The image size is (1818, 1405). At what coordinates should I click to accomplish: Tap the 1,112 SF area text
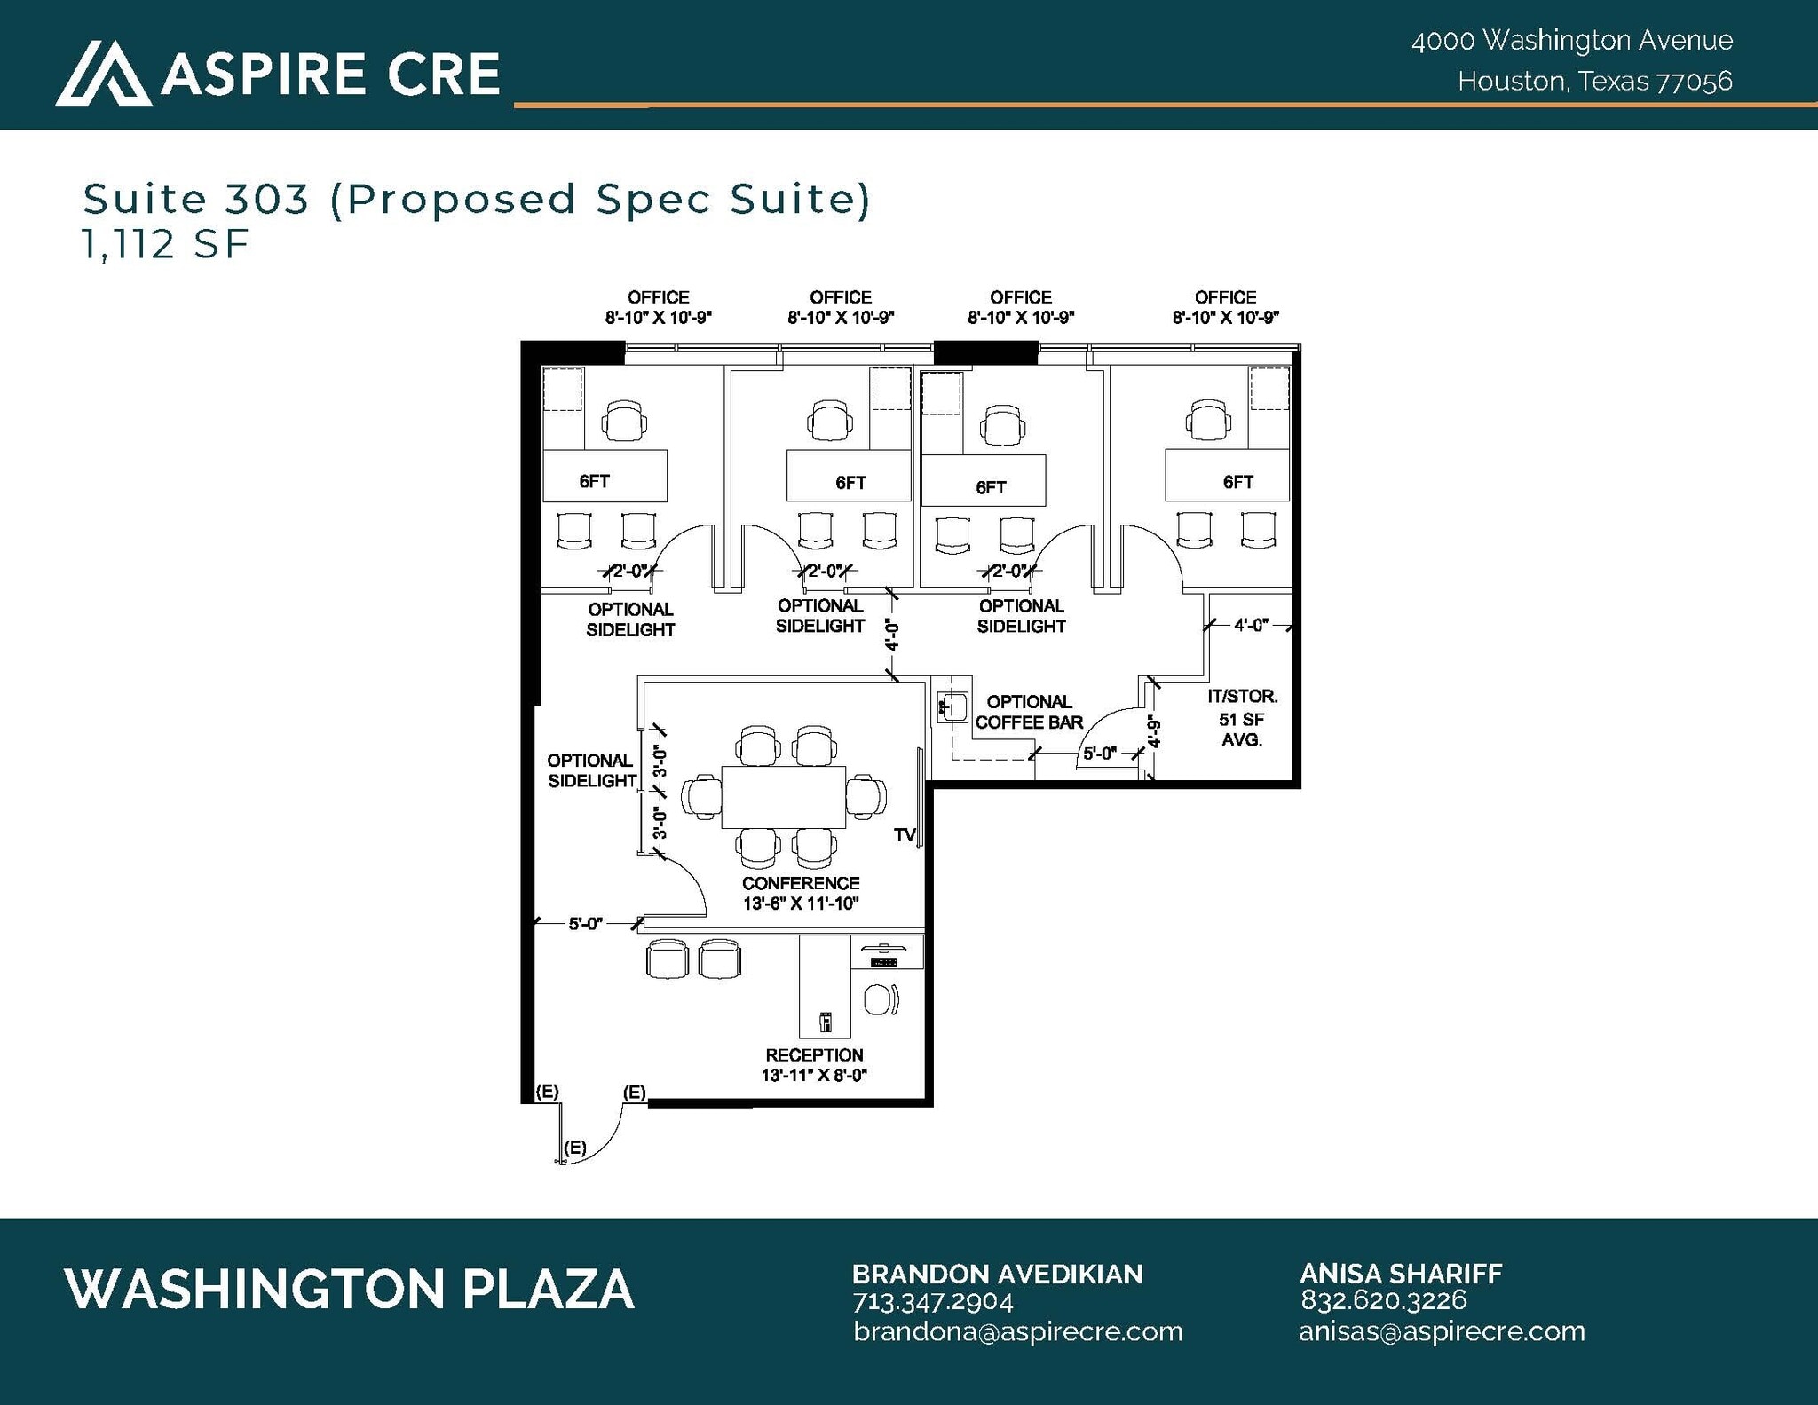[x=166, y=244]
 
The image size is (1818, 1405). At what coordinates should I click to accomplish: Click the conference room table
[x=783, y=796]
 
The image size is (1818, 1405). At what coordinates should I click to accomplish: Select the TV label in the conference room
[x=904, y=835]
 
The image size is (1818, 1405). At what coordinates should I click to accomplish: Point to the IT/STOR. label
[x=1242, y=697]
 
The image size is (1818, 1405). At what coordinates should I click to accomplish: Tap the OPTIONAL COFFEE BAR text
[x=1029, y=712]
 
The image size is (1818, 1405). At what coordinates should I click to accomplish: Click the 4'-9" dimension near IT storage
[x=1154, y=733]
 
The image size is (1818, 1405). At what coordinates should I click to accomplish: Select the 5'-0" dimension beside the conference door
[x=585, y=924]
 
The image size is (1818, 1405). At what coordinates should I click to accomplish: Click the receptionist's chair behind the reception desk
[x=879, y=999]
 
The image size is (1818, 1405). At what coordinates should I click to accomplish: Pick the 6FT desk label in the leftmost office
[x=594, y=481]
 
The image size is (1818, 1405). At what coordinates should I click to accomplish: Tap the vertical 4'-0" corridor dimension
[x=892, y=635]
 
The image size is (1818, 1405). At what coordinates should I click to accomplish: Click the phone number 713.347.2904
[x=932, y=1302]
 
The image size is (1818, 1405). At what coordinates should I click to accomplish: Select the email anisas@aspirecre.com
[x=1442, y=1331]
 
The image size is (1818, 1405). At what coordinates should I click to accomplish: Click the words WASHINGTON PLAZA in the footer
[x=349, y=1289]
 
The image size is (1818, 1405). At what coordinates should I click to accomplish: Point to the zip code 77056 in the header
[x=1695, y=82]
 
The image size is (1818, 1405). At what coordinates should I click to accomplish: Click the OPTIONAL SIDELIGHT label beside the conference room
[x=591, y=770]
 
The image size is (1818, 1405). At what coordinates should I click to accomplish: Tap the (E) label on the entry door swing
[x=574, y=1147]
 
